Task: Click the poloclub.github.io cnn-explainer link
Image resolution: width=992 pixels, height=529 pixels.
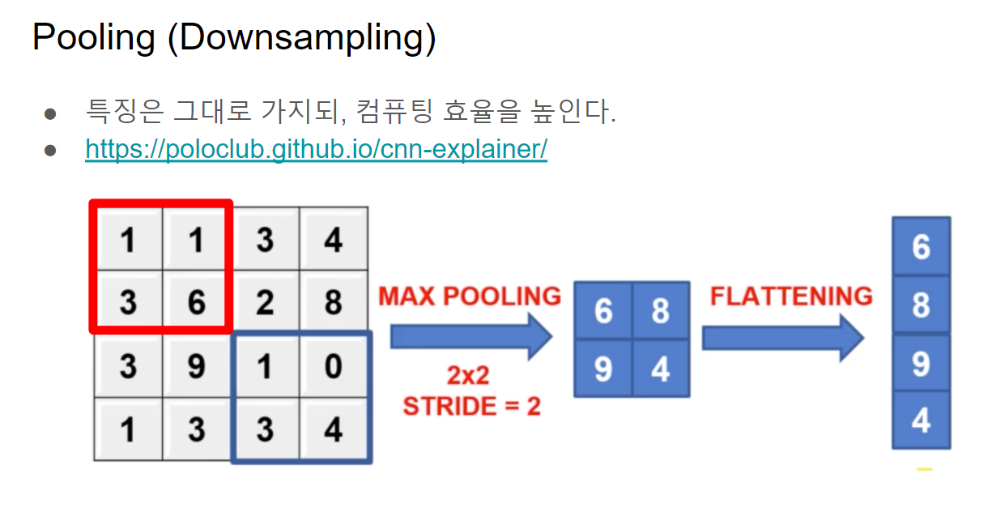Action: tap(316, 150)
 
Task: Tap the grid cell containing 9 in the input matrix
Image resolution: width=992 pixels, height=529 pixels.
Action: tap(197, 366)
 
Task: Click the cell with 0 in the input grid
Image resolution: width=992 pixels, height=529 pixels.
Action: tap(334, 366)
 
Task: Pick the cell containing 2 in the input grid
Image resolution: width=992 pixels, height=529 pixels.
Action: tap(266, 303)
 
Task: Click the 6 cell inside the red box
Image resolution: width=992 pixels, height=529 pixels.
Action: tap(197, 303)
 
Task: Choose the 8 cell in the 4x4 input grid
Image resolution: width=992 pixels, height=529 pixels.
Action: tap(334, 303)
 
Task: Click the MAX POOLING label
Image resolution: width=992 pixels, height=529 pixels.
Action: tap(470, 296)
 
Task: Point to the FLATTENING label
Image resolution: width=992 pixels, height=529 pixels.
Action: tap(791, 296)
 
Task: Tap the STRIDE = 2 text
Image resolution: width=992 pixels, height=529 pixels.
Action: tap(471, 406)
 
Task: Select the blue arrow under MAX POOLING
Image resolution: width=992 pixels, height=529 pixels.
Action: tap(470, 337)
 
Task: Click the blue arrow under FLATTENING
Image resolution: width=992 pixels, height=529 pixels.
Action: tap(782, 337)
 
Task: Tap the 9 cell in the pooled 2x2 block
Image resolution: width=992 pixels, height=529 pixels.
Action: tap(603, 369)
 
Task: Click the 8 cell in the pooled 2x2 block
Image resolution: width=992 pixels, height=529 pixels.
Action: tap(661, 311)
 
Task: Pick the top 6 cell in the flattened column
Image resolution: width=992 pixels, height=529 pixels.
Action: tap(921, 247)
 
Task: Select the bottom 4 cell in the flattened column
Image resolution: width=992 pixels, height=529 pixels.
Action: tap(921, 420)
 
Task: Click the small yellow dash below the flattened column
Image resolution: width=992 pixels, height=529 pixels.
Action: tap(924, 469)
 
